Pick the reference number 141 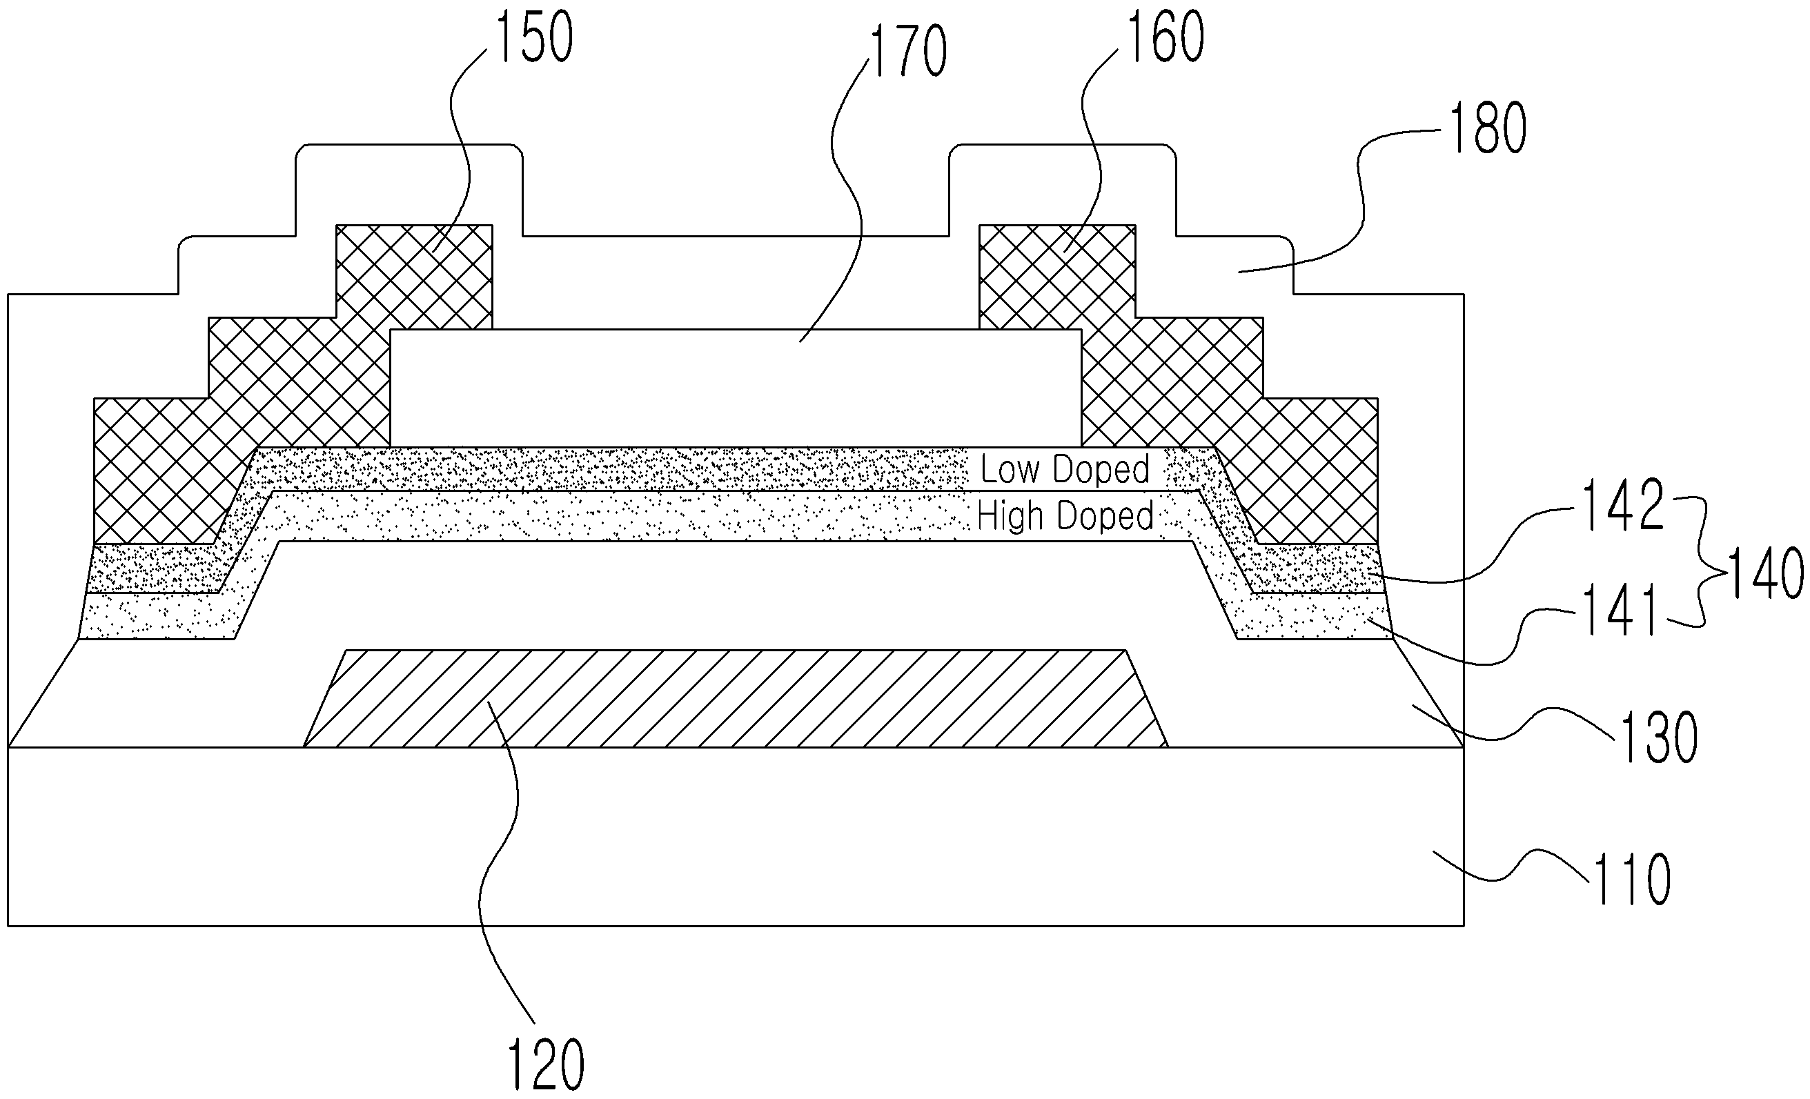coord(1621,609)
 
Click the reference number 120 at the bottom coord(547,1065)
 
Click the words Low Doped coord(1065,469)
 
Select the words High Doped coord(1065,516)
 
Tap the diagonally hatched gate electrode coord(735,698)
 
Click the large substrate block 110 coord(736,837)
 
